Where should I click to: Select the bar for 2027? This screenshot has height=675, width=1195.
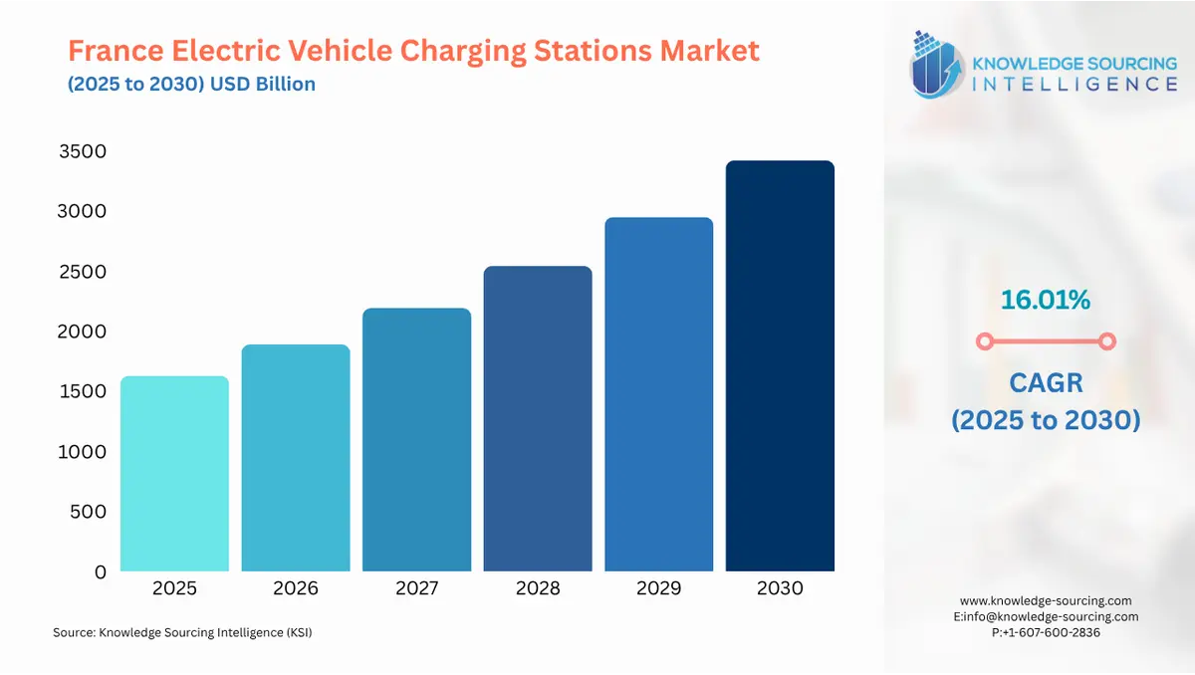coord(416,440)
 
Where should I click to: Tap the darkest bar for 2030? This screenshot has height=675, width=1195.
coord(780,366)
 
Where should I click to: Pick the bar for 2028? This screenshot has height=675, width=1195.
coord(538,419)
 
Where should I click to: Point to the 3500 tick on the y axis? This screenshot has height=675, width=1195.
coord(83,151)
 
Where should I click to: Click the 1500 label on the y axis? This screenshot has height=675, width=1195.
coord(83,391)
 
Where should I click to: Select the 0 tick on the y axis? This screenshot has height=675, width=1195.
coord(100,571)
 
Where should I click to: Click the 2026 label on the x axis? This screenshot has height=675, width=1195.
coord(296,588)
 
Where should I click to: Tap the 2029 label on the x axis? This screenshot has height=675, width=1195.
coord(658,588)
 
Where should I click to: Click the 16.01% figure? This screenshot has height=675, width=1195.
coord(1045,299)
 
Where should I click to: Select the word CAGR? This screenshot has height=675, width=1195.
coord(1045,381)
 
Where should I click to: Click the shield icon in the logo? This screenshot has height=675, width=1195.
coord(936,65)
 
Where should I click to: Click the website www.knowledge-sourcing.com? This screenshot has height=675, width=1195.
coord(1046,600)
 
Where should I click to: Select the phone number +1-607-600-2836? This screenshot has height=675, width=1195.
coord(1052,632)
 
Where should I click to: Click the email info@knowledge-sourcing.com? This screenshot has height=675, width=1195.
coord(1052,616)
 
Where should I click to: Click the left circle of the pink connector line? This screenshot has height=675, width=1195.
coord(985,341)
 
